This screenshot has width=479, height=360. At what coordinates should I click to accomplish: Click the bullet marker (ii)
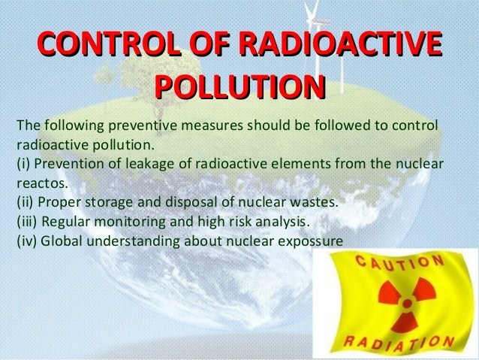tap(25, 202)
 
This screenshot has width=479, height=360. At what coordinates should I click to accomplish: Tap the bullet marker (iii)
tap(27, 222)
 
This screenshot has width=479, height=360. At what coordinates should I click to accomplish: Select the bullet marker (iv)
tap(26, 241)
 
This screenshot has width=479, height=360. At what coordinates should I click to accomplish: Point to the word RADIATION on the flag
tap(399, 343)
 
